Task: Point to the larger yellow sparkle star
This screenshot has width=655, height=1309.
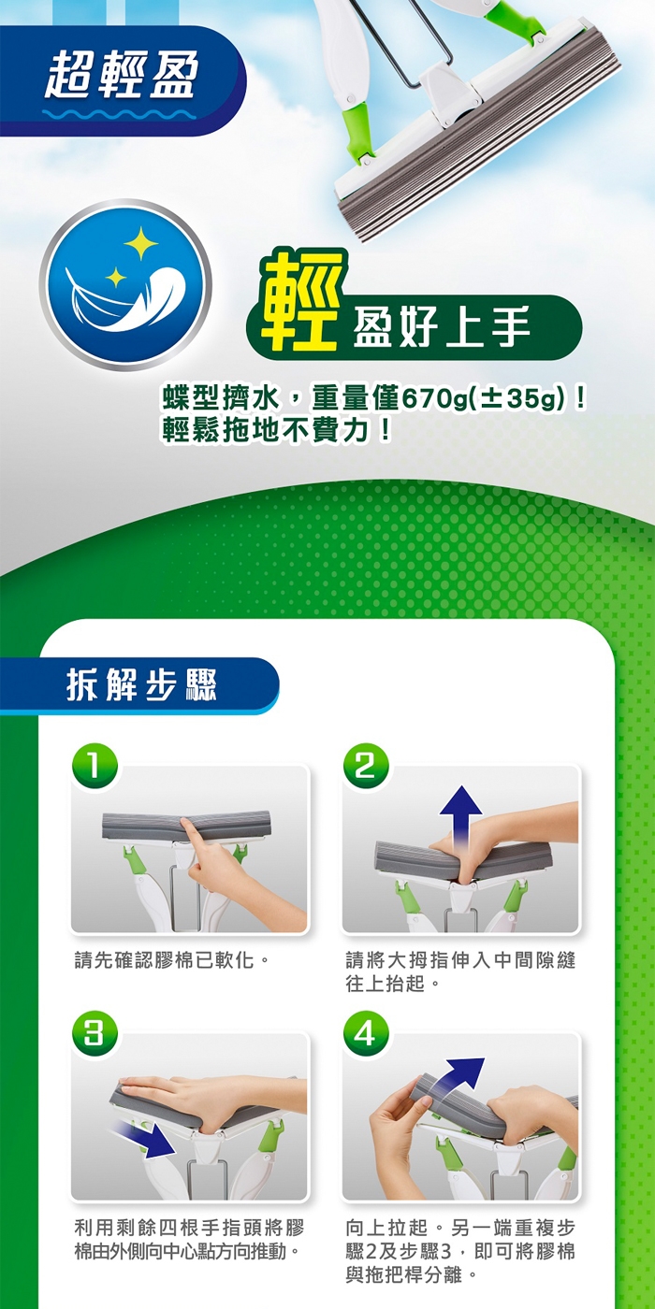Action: pyautogui.click(x=140, y=243)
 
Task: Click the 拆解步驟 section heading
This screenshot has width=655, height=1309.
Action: pyautogui.click(x=141, y=684)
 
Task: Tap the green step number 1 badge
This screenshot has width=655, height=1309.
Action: pyautogui.click(x=95, y=767)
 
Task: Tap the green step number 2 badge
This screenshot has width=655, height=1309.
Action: pyautogui.click(x=365, y=767)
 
